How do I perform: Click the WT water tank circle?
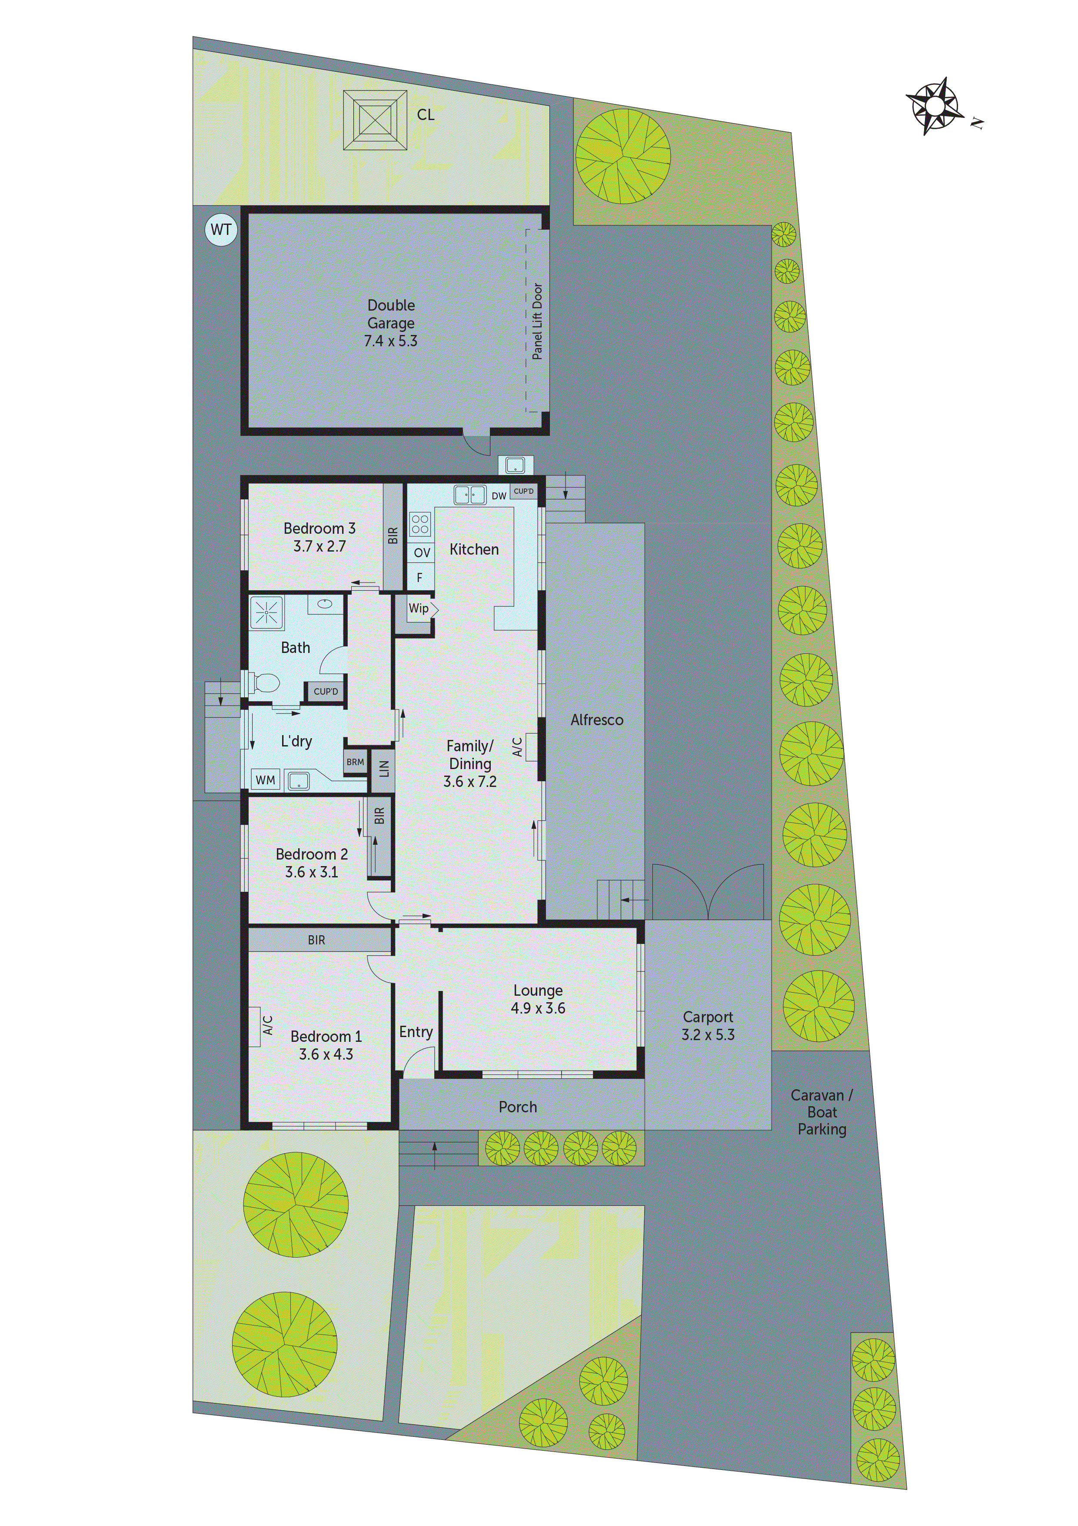tap(221, 230)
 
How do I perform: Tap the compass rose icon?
tap(935, 106)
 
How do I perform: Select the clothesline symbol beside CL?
tap(375, 120)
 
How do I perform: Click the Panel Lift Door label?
tap(537, 321)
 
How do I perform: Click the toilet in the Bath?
tap(265, 682)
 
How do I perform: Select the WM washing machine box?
tap(265, 780)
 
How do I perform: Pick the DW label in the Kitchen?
tap(499, 496)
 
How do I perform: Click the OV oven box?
tap(422, 552)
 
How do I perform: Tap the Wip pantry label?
tap(419, 608)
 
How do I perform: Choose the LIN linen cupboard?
tap(383, 769)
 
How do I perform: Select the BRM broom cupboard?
tap(355, 762)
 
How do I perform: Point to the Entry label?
tap(416, 1031)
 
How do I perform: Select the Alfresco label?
tap(596, 720)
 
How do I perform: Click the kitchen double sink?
tap(469, 495)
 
